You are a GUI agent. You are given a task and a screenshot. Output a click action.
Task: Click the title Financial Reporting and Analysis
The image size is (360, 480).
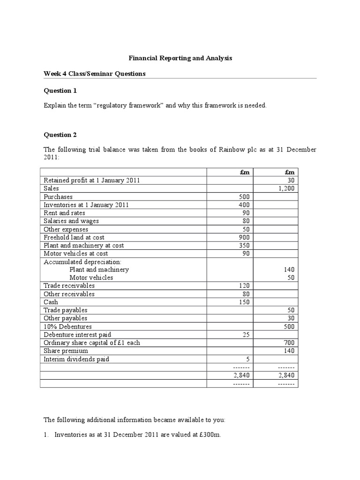click(x=180, y=58)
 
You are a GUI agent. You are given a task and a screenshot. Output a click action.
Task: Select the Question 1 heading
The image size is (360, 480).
click(x=60, y=90)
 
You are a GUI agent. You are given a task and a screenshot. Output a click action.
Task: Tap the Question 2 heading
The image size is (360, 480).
click(x=60, y=135)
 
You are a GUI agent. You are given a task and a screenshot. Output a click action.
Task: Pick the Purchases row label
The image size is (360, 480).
click(x=58, y=197)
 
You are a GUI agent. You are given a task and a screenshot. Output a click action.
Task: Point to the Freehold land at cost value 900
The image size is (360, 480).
click(x=244, y=237)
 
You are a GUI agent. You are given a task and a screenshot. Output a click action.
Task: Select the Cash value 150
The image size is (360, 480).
click(x=244, y=302)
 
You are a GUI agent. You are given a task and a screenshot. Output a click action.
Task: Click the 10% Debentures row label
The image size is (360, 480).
click(x=67, y=326)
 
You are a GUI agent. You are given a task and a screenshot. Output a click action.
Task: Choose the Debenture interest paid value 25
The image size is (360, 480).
click(x=246, y=334)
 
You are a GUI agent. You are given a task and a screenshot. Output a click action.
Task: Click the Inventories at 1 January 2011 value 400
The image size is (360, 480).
click(x=244, y=205)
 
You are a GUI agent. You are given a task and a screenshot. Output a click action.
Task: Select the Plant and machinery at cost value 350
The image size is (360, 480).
click(x=244, y=245)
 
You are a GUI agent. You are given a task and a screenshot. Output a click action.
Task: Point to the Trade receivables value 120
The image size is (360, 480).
click(x=244, y=285)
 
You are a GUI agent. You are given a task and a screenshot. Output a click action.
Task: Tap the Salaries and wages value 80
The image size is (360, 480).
click(x=246, y=221)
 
